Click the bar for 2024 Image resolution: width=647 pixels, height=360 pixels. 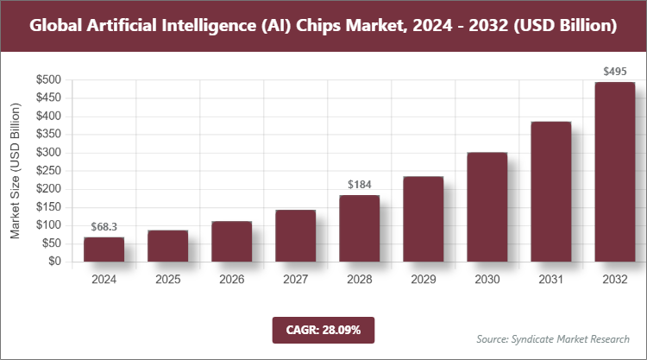click(x=104, y=249)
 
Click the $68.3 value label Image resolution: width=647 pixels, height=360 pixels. click(x=104, y=227)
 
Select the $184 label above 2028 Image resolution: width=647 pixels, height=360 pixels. click(x=359, y=185)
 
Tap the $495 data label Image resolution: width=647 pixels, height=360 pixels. click(x=614, y=71)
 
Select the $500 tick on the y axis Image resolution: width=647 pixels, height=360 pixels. click(x=47, y=80)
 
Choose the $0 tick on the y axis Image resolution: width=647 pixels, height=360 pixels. click(x=53, y=262)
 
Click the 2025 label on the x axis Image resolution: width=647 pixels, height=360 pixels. click(x=167, y=280)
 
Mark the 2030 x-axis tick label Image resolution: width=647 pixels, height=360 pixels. click(x=487, y=280)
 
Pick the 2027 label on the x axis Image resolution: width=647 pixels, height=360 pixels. click(x=295, y=280)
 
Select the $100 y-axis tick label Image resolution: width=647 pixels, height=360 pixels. click(x=47, y=225)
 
